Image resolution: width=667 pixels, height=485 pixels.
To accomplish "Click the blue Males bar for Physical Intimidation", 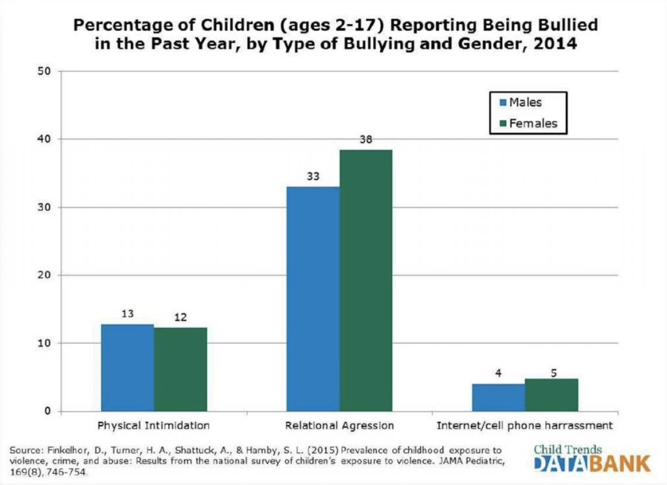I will pyautogui.click(x=128, y=368).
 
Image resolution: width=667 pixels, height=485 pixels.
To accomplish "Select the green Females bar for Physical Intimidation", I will pyautogui.click(x=180, y=369).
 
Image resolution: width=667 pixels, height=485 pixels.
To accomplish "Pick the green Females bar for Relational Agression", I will pyautogui.click(x=365, y=280).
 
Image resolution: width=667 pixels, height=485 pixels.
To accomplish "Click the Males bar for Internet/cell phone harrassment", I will pyautogui.click(x=498, y=397).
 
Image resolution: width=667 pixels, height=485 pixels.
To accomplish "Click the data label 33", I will pyautogui.click(x=313, y=175).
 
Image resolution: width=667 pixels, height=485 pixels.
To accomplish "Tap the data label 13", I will pyautogui.click(x=128, y=314).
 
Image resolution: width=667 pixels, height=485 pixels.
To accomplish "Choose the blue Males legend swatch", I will pyautogui.click(x=501, y=102).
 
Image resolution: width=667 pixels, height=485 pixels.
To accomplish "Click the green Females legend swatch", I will pyautogui.click(x=501, y=123).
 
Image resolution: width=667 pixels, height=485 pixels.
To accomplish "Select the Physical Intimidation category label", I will pyautogui.click(x=154, y=426).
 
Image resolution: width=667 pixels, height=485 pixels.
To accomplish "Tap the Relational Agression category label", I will pyautogui.click(x=339, y=426).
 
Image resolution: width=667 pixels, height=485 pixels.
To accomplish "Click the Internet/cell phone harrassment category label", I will pyautogui.click(x=524, y=426).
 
